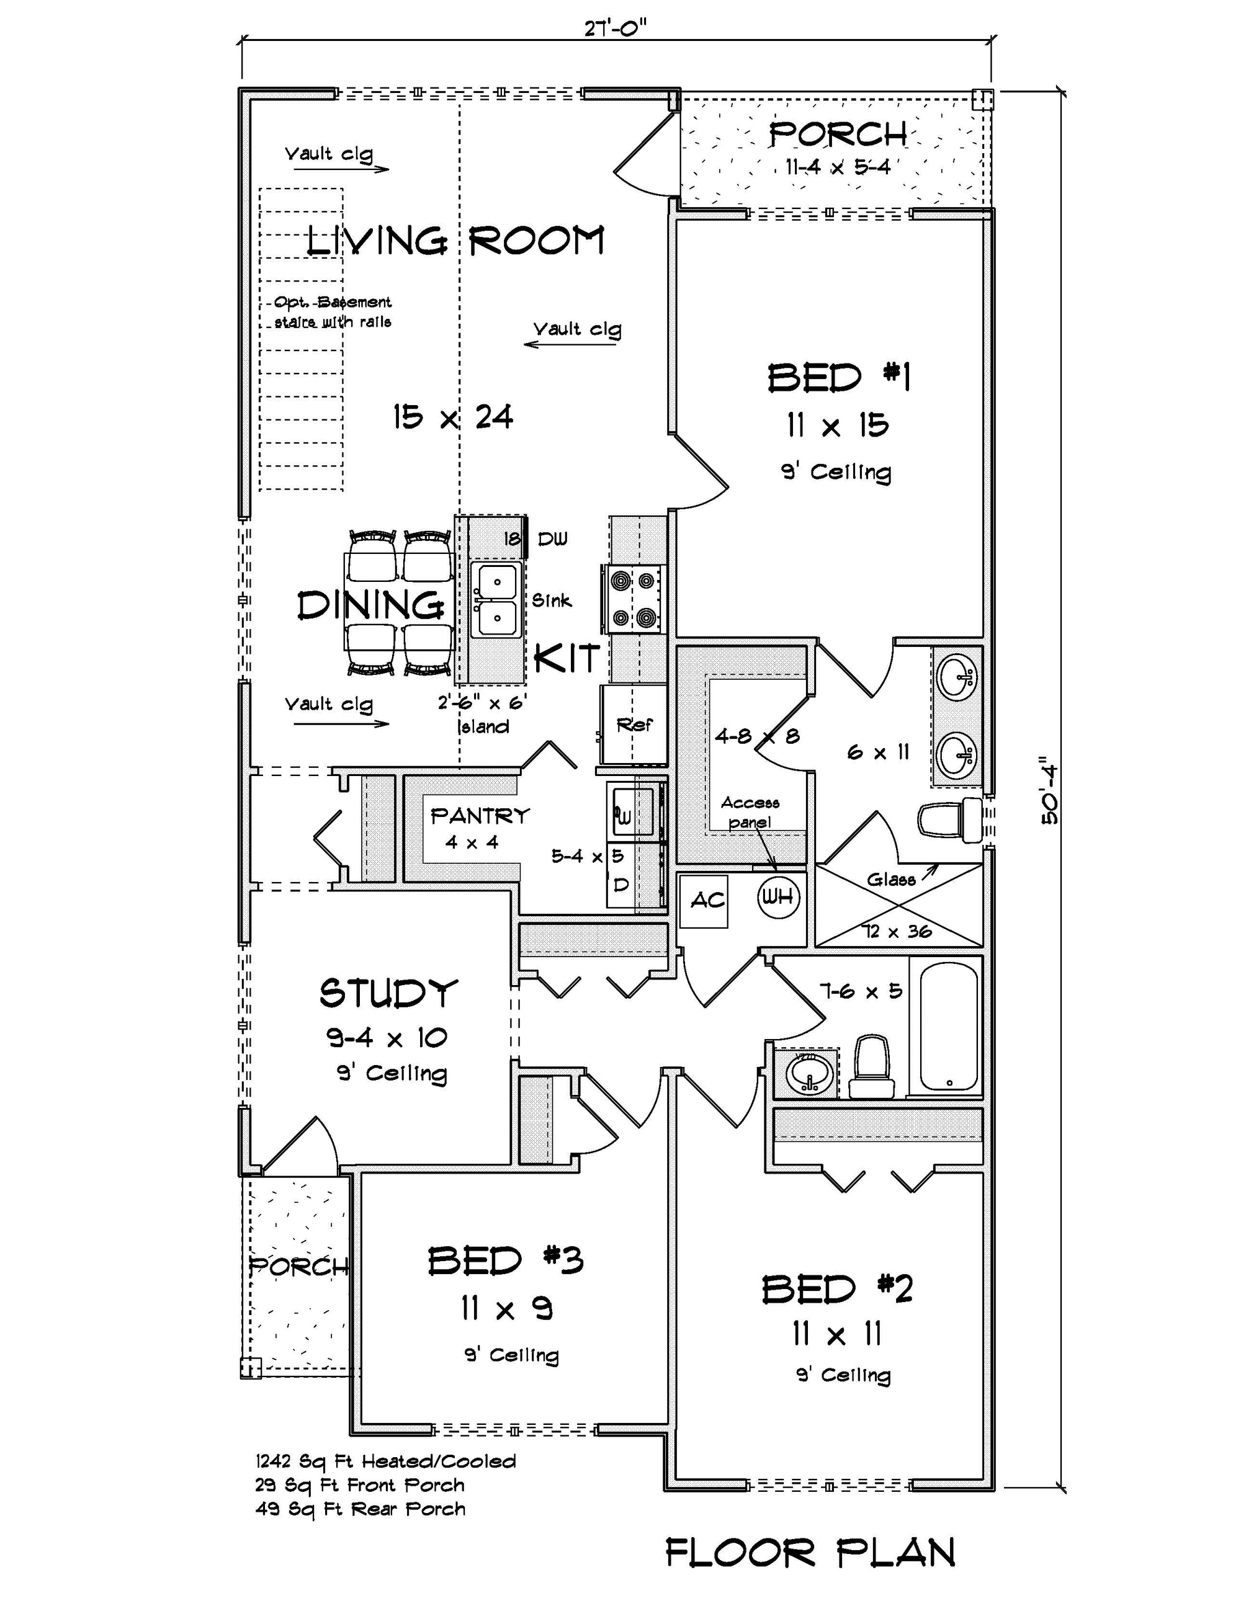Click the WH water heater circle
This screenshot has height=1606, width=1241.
pos(778,896)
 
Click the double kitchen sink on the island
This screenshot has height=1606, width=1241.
pos(496,600)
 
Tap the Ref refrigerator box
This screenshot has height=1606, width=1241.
pos(634,725)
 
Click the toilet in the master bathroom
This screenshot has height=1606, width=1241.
pos(949,821)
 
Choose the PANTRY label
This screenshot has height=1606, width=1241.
pos(480,816)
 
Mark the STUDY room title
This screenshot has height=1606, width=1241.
pos(388,994)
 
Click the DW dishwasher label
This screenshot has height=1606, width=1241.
pos(552,539)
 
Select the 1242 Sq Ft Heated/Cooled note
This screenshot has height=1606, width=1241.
pos(385,1461)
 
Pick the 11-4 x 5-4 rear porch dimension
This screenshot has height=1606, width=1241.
pos(837,167)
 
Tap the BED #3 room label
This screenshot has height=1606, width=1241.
pos(505,1260)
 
